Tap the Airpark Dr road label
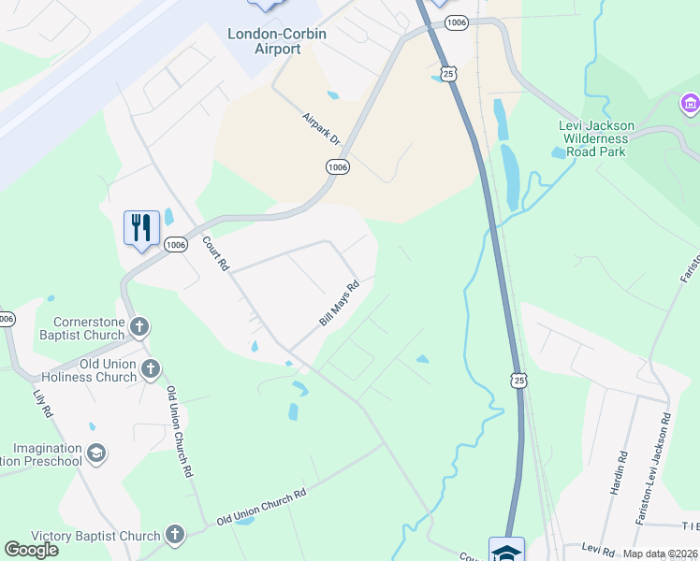322,129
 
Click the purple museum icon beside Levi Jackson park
691,102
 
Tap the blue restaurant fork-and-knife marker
141,227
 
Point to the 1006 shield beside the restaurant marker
175,244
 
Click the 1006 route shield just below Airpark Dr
338,166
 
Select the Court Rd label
216,253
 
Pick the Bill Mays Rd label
339,304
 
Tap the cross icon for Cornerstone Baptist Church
139,327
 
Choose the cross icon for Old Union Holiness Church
150,369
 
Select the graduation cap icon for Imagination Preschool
95,454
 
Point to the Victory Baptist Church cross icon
174,536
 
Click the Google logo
31,550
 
